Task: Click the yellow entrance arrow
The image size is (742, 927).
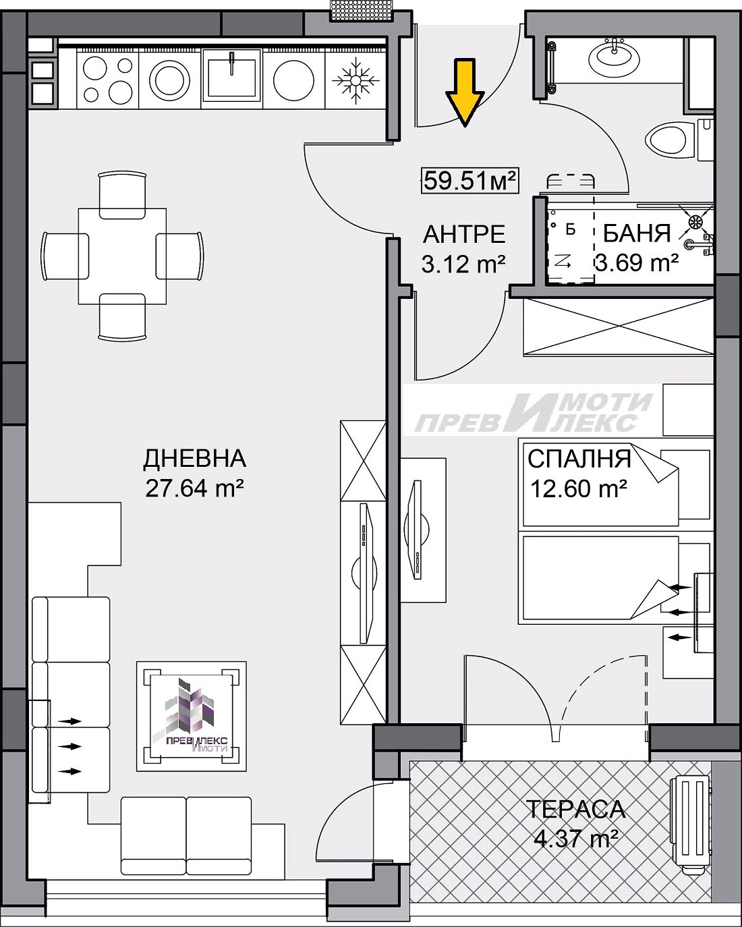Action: click(465, 92)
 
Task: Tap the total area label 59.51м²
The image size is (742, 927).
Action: click(469, 180)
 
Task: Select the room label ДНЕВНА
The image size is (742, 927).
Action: click(194, 459)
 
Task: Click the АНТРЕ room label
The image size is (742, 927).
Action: click(464, 235)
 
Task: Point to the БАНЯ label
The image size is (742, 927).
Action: click(636, 233)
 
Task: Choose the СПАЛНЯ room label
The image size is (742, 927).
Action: click(579, 459)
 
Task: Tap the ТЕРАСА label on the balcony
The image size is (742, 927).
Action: click(575, 809)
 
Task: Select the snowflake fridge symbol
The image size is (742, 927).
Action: click(355, 80)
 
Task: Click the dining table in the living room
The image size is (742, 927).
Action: click(122, 256)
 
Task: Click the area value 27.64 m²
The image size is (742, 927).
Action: click(194, 488)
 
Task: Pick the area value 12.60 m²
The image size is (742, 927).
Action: click(579, 487)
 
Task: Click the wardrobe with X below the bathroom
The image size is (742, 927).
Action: click(618, 325)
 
